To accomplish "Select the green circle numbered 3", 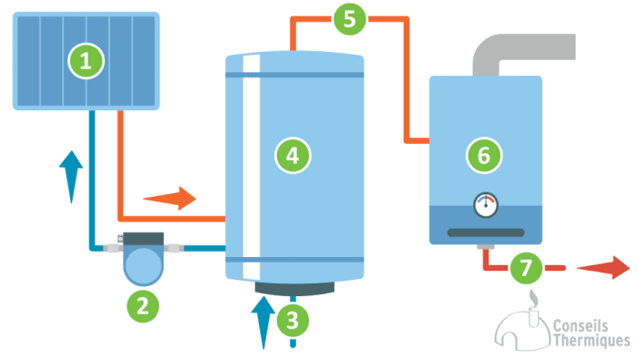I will [x=292, y=320].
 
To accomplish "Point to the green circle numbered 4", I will [x=292, y=156].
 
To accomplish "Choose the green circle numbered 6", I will [x=484, y=155].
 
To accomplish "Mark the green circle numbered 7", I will [x=525, y=268].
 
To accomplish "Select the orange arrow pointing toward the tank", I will [x=170, y=197].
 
